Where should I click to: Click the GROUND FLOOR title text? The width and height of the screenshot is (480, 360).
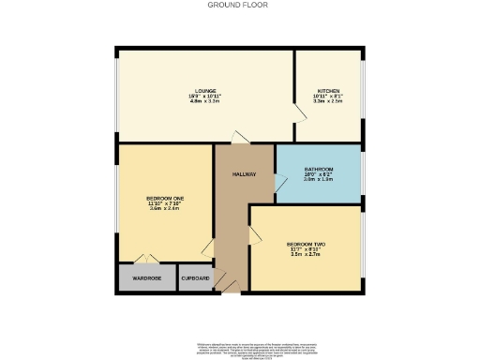pos(238,5)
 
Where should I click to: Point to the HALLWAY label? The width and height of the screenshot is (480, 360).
pos(244,174)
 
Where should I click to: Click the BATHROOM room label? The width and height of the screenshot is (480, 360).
pos(318,168)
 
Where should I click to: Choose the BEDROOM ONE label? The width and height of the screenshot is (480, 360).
pos(164,198)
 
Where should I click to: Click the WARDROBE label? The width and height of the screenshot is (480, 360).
pos(146,278)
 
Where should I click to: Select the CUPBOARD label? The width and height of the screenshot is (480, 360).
pos(195,278)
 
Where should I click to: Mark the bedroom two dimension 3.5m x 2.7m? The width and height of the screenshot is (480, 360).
pos(306,254)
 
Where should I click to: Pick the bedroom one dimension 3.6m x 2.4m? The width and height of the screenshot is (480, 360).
pos(164,208)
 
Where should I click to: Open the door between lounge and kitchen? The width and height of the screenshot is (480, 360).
pos(300,113)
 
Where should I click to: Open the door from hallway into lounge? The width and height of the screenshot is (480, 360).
pos(240,139)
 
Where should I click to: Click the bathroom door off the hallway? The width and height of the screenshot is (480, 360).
pos(277,185)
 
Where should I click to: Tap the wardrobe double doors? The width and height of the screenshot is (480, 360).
pos(142,259)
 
